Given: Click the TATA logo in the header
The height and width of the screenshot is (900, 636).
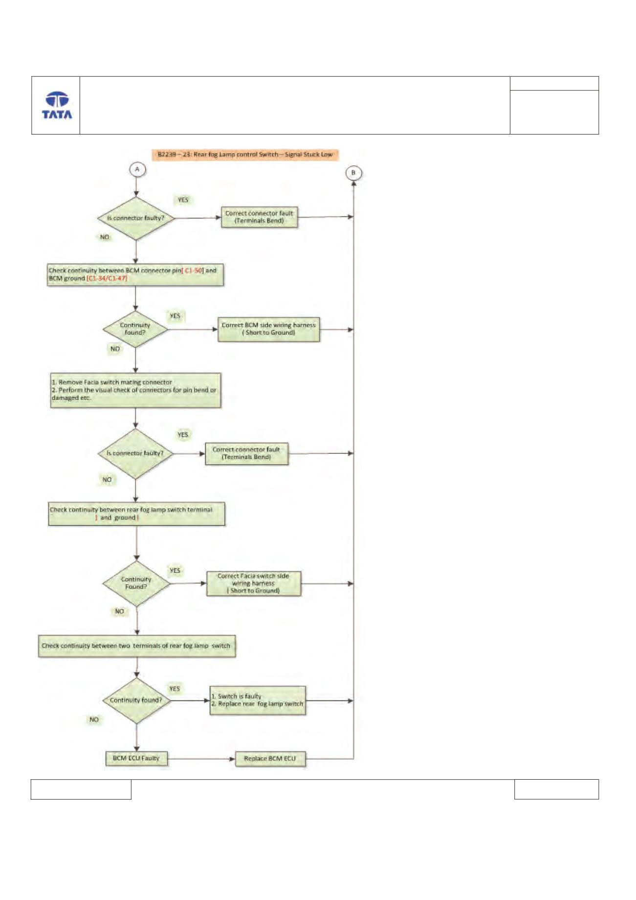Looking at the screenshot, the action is tap(57, 105).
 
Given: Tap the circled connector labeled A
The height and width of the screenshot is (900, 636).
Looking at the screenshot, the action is tap(137, 169).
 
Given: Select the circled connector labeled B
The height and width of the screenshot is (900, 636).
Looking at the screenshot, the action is tap(353, 173).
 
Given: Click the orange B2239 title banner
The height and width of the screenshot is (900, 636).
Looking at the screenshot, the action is tap(245, 155).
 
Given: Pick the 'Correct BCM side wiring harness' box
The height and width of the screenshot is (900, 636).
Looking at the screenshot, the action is tap(268, 329).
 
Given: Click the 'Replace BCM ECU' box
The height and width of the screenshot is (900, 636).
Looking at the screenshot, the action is tap(270, 759).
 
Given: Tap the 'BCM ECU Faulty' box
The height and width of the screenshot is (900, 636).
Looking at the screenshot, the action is tap(136, 758).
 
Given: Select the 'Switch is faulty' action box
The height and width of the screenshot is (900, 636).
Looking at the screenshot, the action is tap(258, 700).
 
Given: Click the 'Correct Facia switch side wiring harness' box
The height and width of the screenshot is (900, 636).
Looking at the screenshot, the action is tap(254, 584).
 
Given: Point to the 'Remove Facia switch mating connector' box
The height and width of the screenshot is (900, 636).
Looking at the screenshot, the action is tap(135, 390).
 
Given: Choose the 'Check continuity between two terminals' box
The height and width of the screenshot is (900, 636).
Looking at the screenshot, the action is tap(137, 646).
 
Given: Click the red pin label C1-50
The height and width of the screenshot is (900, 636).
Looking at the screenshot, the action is tap(194, 270).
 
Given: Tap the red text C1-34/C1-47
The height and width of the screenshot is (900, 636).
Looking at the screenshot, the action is tap(107, 278).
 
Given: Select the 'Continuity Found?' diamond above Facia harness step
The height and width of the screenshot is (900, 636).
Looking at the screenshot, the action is tap(136, 583).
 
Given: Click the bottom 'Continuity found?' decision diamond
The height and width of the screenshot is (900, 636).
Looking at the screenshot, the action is tap(136, 700).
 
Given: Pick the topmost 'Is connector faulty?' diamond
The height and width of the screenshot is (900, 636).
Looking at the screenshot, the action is tap(136, 218).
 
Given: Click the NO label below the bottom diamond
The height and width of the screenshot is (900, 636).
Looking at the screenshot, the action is tap(94, 720).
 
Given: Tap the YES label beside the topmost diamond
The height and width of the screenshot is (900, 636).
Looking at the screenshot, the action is tap(183, 200).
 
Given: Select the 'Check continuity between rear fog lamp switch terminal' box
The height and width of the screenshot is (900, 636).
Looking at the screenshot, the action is tap(137, 514).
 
